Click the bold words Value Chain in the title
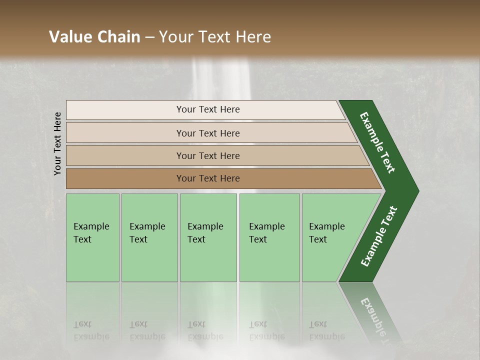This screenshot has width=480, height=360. click(x=94, y=37)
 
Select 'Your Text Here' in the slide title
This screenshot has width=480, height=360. click(x=215, y=37)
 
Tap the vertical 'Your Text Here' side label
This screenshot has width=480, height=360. click(x=57, y=143)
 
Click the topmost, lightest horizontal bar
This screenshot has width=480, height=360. click(x=205, y=109)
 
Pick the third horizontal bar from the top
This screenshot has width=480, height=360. click(x=215, y=155)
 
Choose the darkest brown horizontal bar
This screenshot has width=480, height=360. click(x=220, y=178)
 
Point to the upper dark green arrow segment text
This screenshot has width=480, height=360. click(x=377, y=142)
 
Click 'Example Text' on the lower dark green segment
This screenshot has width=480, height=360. click(x=378, y=236)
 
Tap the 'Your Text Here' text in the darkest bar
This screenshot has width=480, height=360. click(x=208, y=178)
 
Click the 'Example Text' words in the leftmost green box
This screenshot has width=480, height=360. click(x=91, y=233)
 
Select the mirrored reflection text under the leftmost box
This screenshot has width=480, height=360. click(x=91, y=330)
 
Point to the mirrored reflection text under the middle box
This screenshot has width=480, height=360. click(x=205, y=330)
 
